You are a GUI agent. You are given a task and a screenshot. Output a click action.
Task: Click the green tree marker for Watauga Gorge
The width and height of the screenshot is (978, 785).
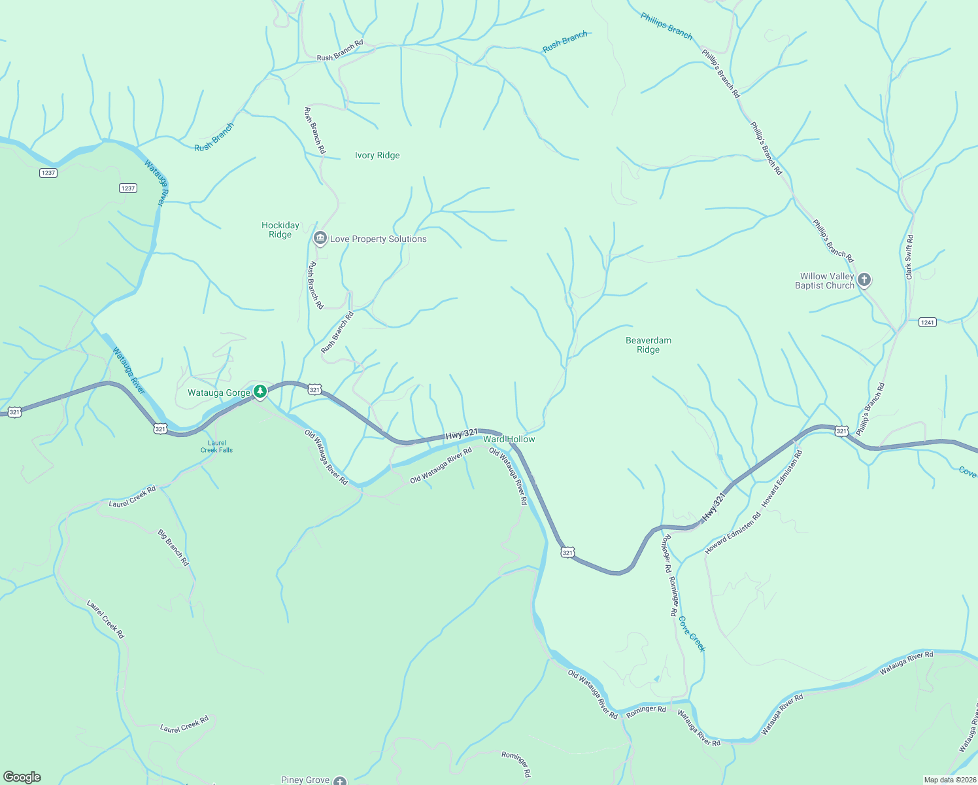[x=260, y=392]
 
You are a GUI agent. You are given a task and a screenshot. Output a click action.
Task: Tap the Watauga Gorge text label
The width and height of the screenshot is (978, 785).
[x=219, y=393]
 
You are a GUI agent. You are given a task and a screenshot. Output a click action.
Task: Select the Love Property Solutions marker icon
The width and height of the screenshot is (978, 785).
[x=320, y=238]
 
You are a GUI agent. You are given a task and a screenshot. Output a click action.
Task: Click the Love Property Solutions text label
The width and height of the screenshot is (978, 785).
[x=379, y=239]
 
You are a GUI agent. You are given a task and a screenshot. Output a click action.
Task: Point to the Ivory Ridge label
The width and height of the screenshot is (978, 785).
[x=377, y=156]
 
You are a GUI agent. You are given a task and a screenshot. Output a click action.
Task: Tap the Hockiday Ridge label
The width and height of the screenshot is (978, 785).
[x=280, y=230]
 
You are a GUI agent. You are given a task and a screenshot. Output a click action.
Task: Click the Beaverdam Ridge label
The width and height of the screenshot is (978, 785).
[x=649, y=345]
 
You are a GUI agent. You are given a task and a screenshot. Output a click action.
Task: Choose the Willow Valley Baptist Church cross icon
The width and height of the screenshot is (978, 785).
[x=864, y=281]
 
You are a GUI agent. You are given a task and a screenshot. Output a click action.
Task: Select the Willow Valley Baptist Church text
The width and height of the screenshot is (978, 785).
[x=826, y=281]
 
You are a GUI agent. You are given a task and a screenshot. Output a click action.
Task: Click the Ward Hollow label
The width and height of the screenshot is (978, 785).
[x=509, y=439]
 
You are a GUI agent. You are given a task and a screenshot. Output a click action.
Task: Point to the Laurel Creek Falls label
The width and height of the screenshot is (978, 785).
[x=216, y=446]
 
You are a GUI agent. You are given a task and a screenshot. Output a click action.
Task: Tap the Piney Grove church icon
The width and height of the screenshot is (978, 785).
[x=339, y=780]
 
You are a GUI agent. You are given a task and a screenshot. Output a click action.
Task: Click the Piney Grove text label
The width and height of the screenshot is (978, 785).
[x=305, y=780]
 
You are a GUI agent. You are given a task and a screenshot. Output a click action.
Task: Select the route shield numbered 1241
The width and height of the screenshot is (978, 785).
[x=927, y=322]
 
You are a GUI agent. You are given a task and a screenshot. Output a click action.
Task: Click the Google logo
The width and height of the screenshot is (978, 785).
[x=22, y=777]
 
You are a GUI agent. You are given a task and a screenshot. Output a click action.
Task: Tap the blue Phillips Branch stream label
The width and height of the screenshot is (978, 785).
[x=666, y=27]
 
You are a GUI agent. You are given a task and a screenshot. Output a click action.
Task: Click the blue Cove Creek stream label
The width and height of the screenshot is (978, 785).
[x=692, y=633]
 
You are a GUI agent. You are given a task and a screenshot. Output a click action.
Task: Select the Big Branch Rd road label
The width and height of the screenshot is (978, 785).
[x=173, y=548]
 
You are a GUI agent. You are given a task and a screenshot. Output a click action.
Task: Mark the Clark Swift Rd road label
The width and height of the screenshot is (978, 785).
[x=909, y=257]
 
